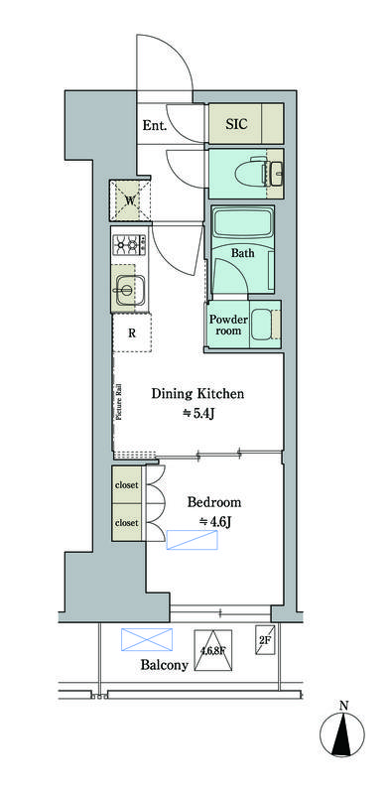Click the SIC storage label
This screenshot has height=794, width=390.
(x=236, y=123)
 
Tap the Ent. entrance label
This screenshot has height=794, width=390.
(x=154, y=126)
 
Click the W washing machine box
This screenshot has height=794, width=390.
(x=130, y=200)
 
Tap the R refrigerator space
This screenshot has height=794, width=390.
(x=132, y=333)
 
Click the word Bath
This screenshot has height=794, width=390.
(x=242, y=253)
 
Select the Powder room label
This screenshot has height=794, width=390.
(x=228, y=325)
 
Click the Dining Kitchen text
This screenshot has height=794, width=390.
(x=198, y=393)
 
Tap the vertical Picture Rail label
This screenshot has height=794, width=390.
(x=119, y=403)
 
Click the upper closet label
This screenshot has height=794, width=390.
(x=127, y=484)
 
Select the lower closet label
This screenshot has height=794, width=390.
(x=127, y=522)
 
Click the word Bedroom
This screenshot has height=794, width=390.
(x=213, y=503)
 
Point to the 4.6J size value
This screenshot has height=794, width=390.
(x=214, y=522)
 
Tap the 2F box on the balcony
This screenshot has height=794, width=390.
(x=265, y=639)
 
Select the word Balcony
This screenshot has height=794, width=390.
(x=165, y=665)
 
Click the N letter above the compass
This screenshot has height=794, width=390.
(x=344, y=705)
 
